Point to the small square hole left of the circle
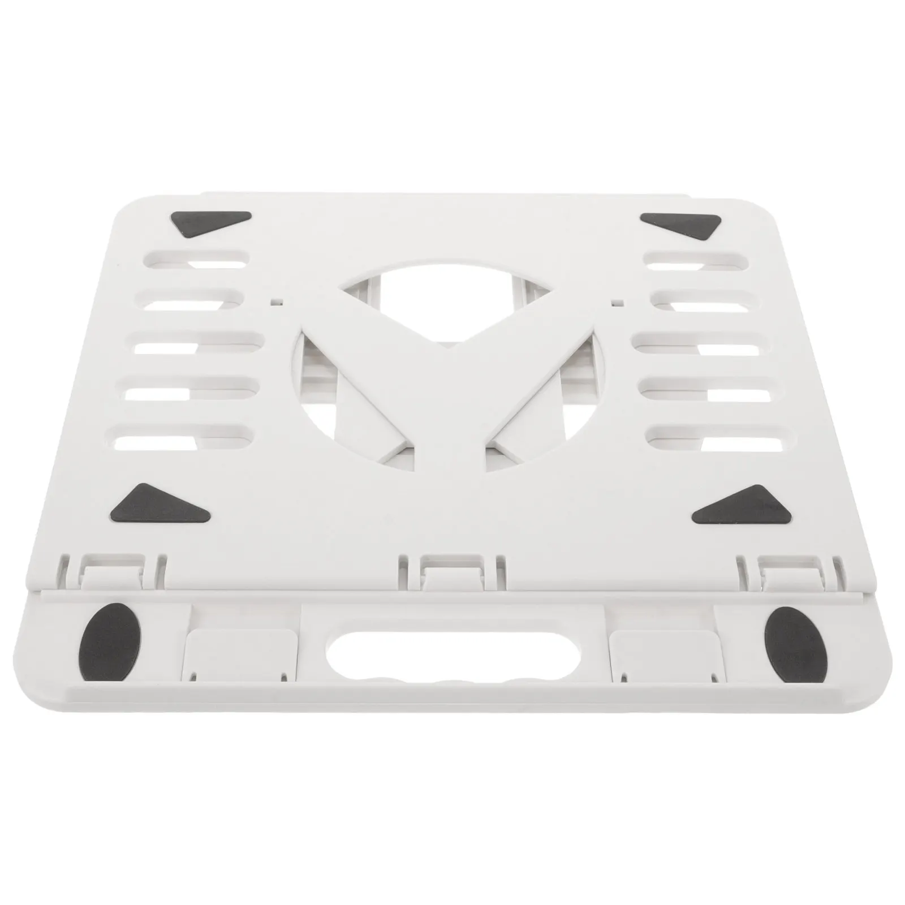pyautogui.click(x=276, y=302)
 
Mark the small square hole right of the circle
pyautogui.click(x=618, y=302)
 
